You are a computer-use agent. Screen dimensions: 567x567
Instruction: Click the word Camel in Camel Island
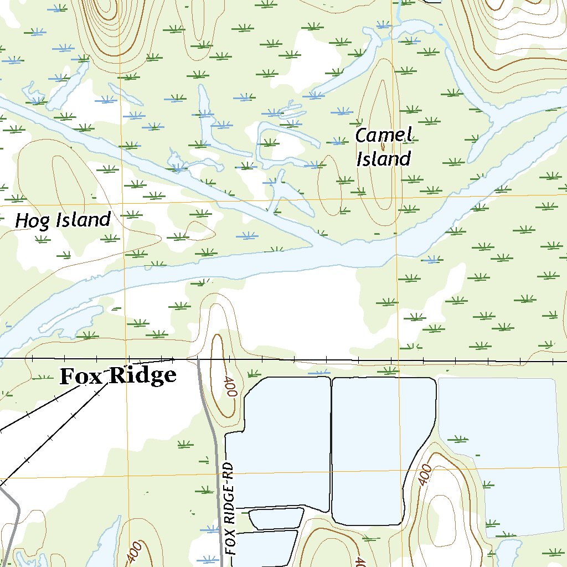[x=384, y=135]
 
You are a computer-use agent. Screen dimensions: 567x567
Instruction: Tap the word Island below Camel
[x=383, y=159]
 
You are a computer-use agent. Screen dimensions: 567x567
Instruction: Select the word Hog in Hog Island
[x=28, y=221]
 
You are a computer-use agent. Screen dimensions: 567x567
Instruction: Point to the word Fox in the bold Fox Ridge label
[x=82, y=376]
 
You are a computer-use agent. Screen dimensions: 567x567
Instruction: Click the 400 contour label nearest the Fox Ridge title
[x=230, y=387]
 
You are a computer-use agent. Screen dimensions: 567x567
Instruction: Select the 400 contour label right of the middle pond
[x=425, y=475]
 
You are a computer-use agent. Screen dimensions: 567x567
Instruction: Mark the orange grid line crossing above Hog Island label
[x=125, y=202]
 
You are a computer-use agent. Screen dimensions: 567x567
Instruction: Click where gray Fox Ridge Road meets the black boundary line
[x=198, y=360]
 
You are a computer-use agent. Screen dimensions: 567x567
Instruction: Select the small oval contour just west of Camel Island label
[x=330, y=183]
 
